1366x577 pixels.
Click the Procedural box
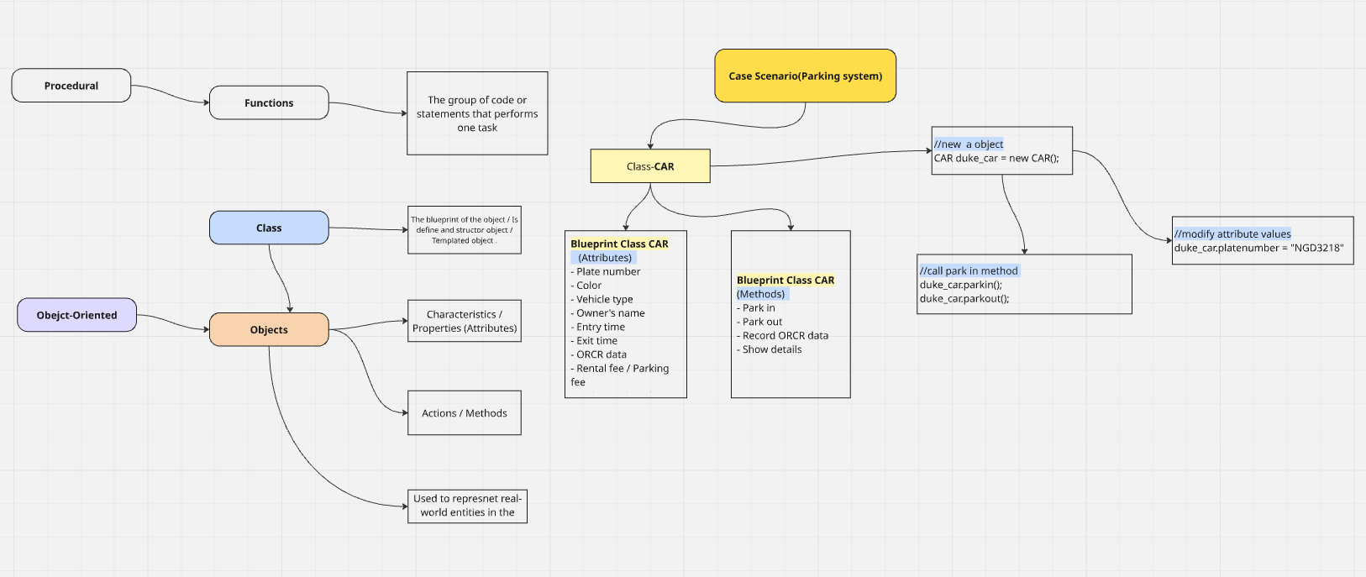click(71, 86)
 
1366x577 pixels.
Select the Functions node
click(269, 102)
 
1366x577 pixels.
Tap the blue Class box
click(269, 228)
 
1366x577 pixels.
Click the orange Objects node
click(269, 329)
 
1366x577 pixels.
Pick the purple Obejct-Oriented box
click(76, 315)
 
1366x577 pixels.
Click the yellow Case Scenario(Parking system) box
click(806, 76)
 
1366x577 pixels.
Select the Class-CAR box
click(650, 166)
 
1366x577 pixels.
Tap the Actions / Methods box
click(465, 413)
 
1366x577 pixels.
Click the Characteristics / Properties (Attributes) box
click(465, 321)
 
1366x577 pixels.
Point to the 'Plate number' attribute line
click(606, 271)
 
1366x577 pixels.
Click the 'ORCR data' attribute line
click(599, 354)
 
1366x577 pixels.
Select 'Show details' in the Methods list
click(769, 349)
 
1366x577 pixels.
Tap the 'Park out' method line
click(759, 322)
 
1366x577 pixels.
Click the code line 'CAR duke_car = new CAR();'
click(996, 158)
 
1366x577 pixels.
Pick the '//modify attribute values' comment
click(1232, 233)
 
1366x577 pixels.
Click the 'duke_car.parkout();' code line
click(964, 298)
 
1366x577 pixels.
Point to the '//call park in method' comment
click(969, 270)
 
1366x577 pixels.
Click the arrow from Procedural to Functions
click(171, 93)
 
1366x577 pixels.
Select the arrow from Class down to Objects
click(281, 279)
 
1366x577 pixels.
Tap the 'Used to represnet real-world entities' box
click(467, 506)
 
